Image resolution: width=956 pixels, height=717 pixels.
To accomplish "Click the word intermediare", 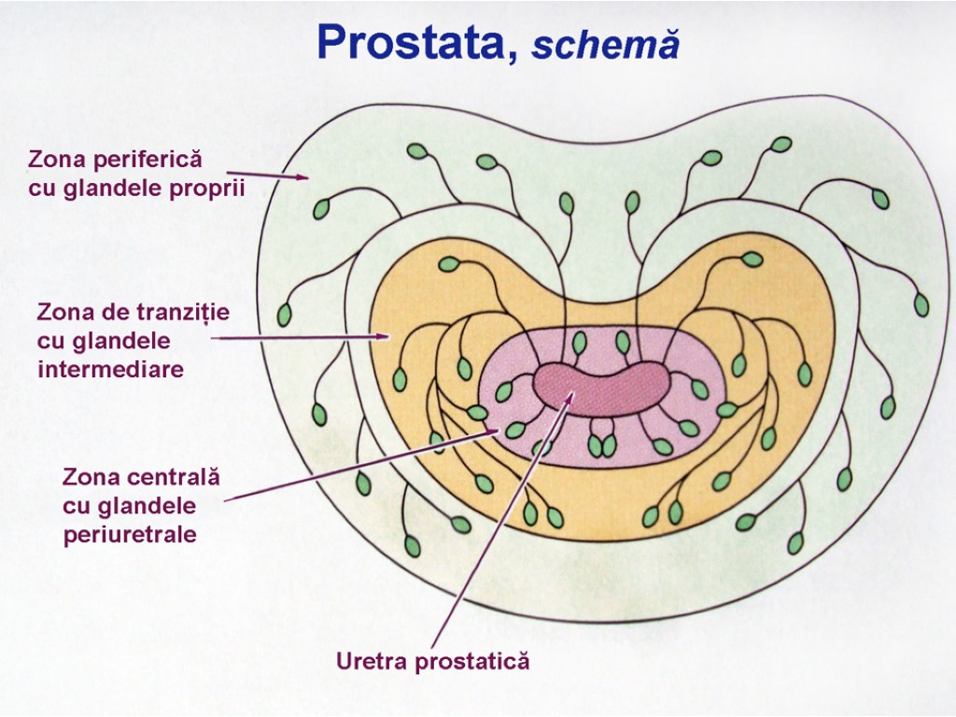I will click(x=111, y=369).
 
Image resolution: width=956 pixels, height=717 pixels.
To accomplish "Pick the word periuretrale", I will click(x=130, y=535).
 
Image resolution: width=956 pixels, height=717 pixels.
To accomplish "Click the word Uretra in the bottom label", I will click(x=371, y=662).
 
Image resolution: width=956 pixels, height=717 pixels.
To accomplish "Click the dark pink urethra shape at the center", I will click(x=601, y=387).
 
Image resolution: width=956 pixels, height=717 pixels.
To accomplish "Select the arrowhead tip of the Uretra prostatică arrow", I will click(x=571, y=393).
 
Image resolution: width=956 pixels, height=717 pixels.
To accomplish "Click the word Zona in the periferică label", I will click(x=54, y=159).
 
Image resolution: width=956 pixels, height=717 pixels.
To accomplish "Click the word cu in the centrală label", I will click(x=74, y=506).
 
